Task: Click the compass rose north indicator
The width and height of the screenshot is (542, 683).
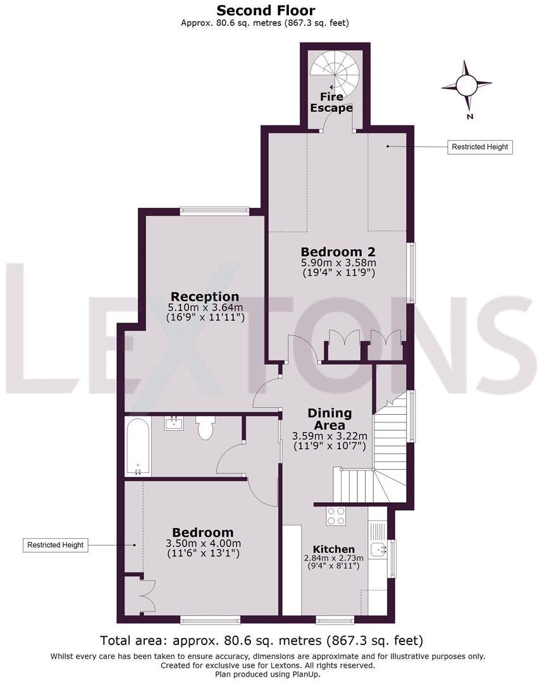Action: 467,85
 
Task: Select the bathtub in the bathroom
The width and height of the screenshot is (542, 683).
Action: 138,446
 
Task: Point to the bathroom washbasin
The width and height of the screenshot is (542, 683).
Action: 174,423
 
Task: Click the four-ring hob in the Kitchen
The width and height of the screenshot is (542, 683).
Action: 336,516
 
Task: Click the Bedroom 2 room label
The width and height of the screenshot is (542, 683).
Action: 338,252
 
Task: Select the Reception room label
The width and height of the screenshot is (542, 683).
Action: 205,297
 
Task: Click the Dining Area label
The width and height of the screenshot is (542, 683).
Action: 330,419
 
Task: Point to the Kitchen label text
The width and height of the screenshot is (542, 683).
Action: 334,550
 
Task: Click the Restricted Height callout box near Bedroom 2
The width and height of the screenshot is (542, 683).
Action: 479,147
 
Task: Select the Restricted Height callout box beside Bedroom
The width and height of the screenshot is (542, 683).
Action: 55,545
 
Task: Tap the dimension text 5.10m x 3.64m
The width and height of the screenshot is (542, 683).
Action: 205,307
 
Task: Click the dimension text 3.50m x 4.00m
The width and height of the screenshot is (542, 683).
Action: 203,544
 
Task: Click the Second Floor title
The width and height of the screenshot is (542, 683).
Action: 266,10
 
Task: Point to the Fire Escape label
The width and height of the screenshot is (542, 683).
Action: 331,102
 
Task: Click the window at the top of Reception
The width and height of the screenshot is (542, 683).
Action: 214,211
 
